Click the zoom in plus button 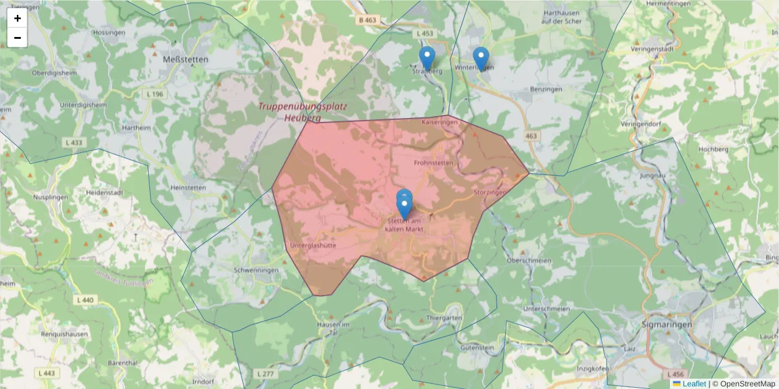pos(18,18)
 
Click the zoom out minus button pos(18,38)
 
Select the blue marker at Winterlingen pos(480,58)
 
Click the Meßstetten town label pos(185,59)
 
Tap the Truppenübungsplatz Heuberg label pos(303,112)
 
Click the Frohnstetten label pos(434,163)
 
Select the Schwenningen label pos(256,270)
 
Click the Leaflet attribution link pos(694,384)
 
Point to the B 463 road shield pos(367,21)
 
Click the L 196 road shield pos(156,95)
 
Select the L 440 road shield pos(84,300)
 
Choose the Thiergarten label pos(445,318)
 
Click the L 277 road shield pos(266,374)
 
